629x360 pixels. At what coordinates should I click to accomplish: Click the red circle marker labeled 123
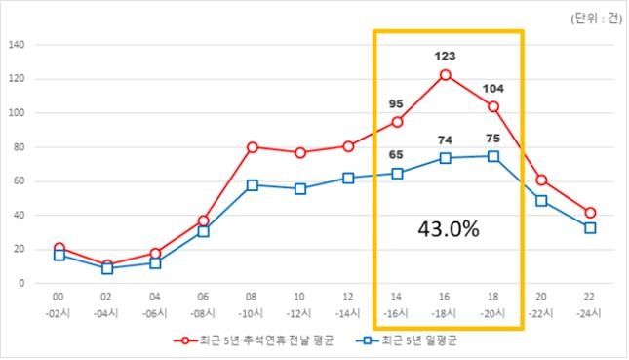click(445, 75)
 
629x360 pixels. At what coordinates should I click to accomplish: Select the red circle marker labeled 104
click(493, 106)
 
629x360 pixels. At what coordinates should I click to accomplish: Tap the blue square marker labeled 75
click(493, 156)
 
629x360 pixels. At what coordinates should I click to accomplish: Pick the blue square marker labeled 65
click(397, 174)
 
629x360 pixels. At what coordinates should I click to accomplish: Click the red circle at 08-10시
click(252, 147)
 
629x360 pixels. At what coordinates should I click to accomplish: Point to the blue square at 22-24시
click(590, 228)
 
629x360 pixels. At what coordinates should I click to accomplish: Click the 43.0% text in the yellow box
click(449, 229)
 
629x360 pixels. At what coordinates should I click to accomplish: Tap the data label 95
click(396, 104)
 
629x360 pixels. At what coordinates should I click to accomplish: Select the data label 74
click(445, 140)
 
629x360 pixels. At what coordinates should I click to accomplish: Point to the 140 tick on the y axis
click(17, 45)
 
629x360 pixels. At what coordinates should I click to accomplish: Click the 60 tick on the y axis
click(20, 181)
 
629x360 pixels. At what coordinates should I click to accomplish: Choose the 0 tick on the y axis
click(21, 283)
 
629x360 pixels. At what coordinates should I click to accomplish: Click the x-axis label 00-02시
click(59, 305)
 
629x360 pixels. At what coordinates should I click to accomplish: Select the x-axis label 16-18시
click(444, 305)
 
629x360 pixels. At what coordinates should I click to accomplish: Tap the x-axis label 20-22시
click(541, 305)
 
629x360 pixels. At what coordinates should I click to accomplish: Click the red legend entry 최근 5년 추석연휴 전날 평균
click(254, 340)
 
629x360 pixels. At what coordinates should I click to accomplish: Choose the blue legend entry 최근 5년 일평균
click(407, 340)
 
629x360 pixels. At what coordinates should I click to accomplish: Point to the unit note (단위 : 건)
click(597, 19)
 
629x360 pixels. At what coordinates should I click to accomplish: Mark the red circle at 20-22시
click(541, 180)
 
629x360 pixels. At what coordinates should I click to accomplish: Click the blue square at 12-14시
click(348, 179)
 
